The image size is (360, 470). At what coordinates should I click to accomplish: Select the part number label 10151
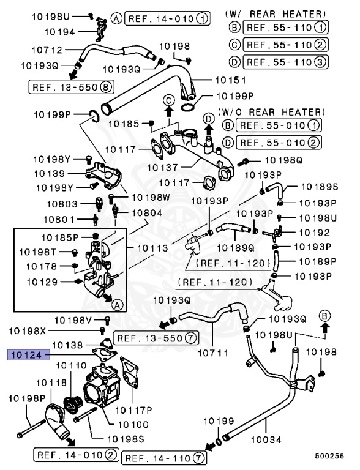(230, 80)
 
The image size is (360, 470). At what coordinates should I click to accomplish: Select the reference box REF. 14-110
(165, 457)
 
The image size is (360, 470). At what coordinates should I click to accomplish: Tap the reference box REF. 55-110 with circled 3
(285, 61)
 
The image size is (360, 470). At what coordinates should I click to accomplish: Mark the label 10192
(314, 233)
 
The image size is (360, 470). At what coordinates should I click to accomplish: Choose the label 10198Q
(283, 160)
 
